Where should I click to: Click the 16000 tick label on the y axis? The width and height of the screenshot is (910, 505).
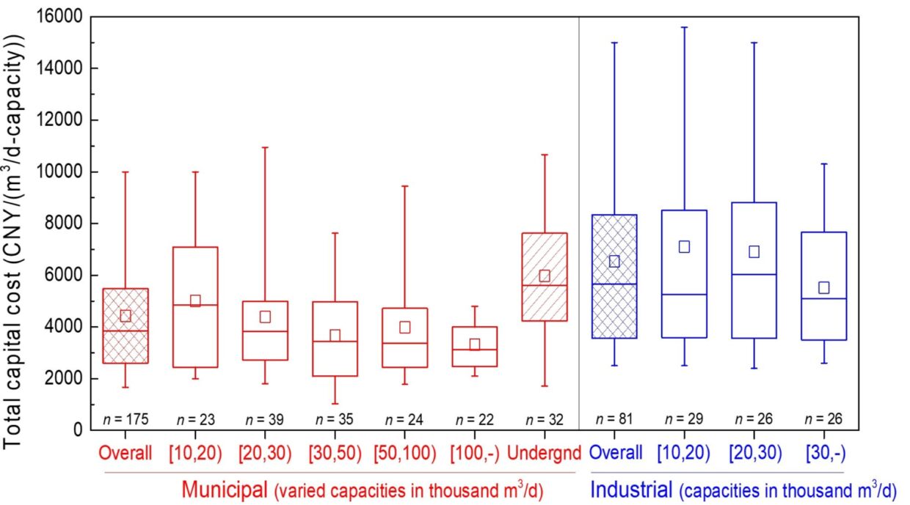(62, 17)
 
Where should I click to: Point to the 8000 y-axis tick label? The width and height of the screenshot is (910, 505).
(66, 224)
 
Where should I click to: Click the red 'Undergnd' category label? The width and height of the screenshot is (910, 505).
(545, 453)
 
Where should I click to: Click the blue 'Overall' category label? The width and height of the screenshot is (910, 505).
(614, 453)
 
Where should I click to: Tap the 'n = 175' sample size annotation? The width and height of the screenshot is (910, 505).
(125, 419)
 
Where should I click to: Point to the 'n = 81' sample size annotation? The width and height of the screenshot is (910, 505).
(614, 419)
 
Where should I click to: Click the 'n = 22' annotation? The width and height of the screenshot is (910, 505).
(475, 419)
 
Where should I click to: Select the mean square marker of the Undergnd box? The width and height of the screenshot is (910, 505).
(545, 276)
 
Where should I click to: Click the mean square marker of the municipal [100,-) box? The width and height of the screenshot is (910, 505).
(475, 344)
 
